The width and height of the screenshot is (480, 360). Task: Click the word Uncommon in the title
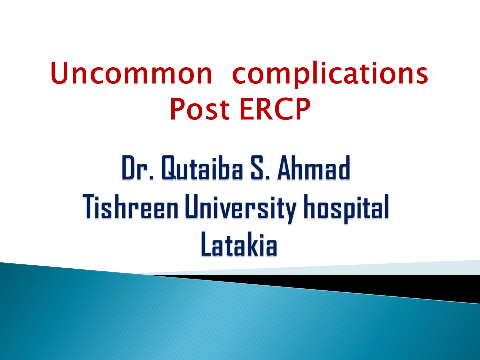point(131,73)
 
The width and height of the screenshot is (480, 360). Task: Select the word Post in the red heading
point(200,109)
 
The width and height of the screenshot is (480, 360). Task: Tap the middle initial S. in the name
point(260,168)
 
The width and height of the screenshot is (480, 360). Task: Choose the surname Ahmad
point(314,168)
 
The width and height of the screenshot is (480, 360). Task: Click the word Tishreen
point(131,206)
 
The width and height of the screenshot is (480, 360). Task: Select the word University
point(241,208)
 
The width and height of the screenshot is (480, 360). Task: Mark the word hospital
point(346,208)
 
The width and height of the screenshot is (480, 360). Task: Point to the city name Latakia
point(239,244)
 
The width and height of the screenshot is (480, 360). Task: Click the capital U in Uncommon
point(59,73)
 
